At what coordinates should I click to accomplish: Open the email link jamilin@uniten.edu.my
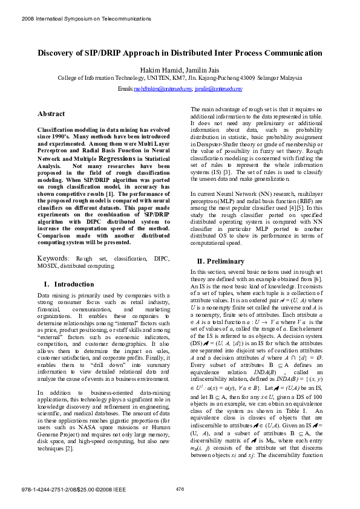(218, 89)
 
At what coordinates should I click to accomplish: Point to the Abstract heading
(51, 114)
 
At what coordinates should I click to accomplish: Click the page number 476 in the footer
(180, 488)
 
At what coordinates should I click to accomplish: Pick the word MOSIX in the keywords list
(48, 266)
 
